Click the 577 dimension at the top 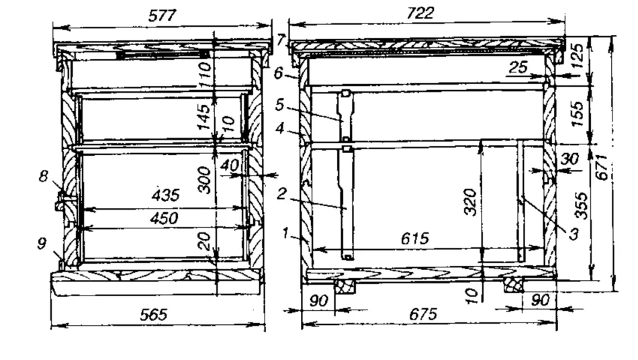pos(162,16)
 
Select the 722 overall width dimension pos(420,13)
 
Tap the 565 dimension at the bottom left pos(153,314)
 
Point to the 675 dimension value pos(423,314)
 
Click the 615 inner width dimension pos(415,238)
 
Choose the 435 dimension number pos(166,195)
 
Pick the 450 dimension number pos(165,218)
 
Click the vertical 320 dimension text pos(470,202)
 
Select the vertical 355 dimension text pos(582,206)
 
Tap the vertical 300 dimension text pos(204,180)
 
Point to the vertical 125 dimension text pos(577,56)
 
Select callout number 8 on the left pos(44,176)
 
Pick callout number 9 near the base pos(42,244)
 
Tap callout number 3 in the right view pos(574,234)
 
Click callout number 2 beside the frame pos(281,194)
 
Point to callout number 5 pos(279,105)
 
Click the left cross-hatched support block pos(345,286)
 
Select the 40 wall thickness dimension pos(230,165)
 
